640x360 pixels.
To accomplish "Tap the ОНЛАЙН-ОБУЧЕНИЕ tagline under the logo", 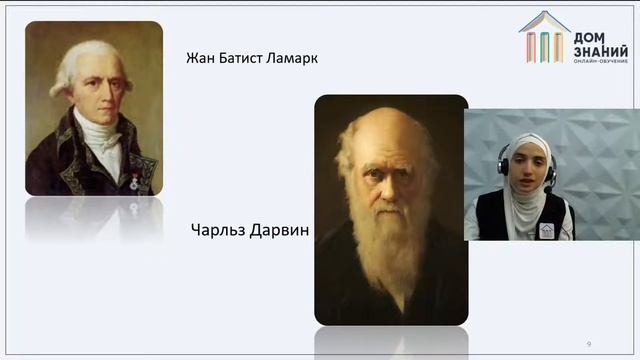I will [x=600, y=64].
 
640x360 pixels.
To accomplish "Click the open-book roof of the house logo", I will [x=544, y=21].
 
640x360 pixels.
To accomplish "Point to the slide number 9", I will [x=589, y=344].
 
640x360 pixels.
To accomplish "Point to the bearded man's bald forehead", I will [x=389, y=130].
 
